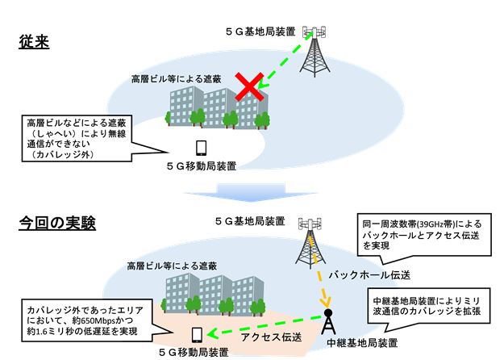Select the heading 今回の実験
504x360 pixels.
click(58, 223)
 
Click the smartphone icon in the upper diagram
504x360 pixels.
click(202, 149)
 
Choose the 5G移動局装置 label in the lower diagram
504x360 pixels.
click(194, 353)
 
